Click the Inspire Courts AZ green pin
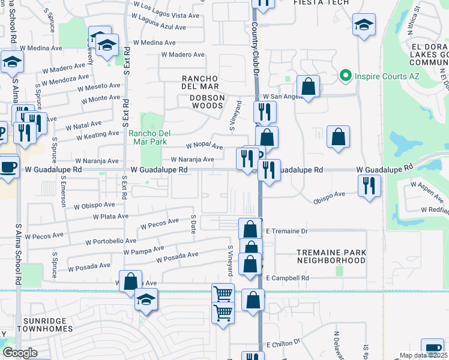point(345,76)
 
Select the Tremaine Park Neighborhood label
point(331,257)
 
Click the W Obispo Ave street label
point(94,205)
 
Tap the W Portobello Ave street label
point(110,241)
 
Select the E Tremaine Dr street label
point(286,231)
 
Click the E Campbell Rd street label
point(287,278)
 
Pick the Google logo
point(20,353)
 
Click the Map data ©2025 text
point(420,355)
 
